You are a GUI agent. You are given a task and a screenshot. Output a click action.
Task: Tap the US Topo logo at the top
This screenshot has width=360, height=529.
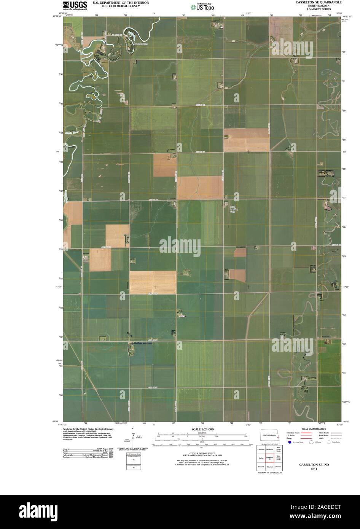pyautogui.click(x=204, y=7)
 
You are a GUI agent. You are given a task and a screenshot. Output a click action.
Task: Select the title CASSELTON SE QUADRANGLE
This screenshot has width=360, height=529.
pyautogui.click(x=319, y=2)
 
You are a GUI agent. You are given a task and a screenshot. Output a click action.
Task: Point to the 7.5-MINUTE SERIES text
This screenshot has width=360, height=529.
pyautogui.click(x=319, y=9)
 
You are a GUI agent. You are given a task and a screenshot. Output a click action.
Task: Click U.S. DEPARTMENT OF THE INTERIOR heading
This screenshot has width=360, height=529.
pyautogui.click(x=121, y=3)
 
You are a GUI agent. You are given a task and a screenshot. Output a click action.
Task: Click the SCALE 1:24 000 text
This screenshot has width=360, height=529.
pyautogui.click(x=200, y=429)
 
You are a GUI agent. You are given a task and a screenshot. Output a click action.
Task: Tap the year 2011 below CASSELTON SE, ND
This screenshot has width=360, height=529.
pyautogui.click(x=314, y=469)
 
